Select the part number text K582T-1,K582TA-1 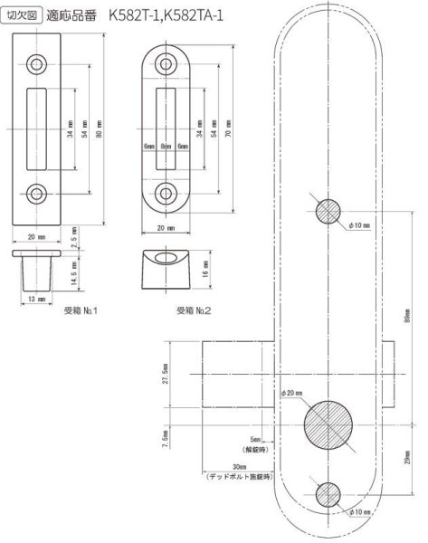pos(178,16)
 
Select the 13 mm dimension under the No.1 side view pos(37,299)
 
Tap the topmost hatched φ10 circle pos(328,212)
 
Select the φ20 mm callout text pos(295,392)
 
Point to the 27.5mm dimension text pos(164,374)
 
